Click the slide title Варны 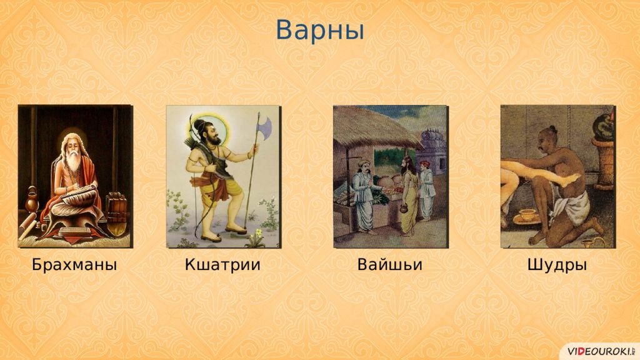point(319,30)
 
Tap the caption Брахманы point(74,264)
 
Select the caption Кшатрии point(222,264)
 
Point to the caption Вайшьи point(390,264)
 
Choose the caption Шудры point(557,265)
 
